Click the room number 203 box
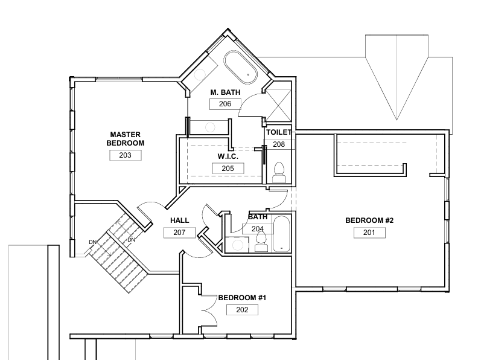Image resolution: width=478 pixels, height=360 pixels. tap(126, 155)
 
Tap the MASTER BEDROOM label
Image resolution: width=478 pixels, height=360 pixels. tap(126, 139)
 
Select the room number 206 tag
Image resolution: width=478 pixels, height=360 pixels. tap(225, 104)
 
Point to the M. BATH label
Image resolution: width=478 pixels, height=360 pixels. tap(225, 92)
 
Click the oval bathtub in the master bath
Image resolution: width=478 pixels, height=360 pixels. tap(241, 67)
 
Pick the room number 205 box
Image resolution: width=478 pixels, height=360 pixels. tap(228, 169)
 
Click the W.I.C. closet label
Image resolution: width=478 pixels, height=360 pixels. tap(228, 156)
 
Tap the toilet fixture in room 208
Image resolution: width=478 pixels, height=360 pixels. tap(279, 173)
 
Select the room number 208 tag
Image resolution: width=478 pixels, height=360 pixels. tap(279, 144)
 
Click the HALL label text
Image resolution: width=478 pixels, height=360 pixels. tap(180, 220)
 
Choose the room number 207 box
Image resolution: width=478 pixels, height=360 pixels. tap(179, 233)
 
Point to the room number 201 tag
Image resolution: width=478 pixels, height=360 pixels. tap(369, 233)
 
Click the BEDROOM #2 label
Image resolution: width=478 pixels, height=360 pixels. tap(369, 220)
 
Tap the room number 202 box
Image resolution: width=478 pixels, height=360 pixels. tap(242, 310)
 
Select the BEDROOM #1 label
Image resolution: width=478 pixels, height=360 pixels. tap(242, 298)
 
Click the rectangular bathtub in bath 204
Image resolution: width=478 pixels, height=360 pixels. tap(281, 234)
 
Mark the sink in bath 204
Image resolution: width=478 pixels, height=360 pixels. tap(237, 245)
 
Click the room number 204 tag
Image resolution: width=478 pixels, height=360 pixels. tap(258, 229)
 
